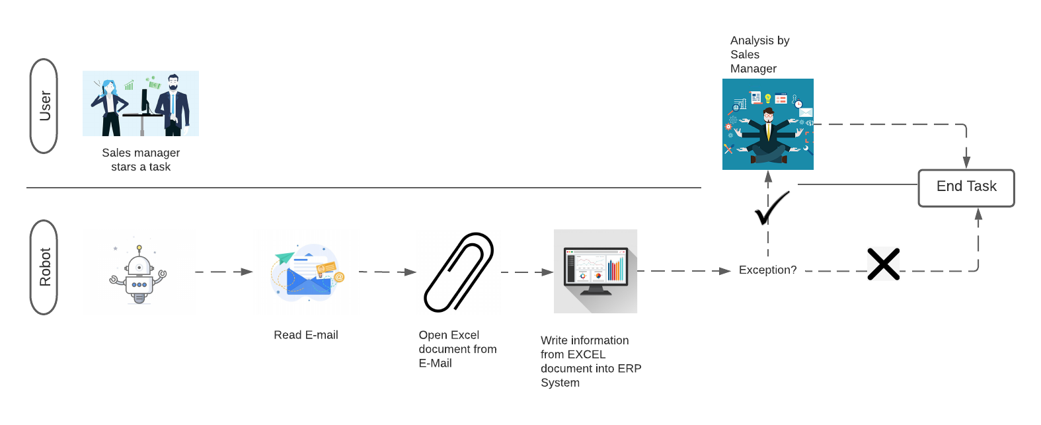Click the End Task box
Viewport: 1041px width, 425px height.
pos(966,188)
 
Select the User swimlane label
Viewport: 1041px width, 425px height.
pos(44,106)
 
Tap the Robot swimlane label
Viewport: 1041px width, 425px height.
pos(44,267)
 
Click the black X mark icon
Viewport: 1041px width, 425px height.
pos(884,264)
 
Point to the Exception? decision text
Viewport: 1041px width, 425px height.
pos(767,270)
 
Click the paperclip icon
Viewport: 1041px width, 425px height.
pos(459,272)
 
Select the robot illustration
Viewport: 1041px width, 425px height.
pos(139,272)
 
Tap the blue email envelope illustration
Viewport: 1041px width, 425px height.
pos(306,272)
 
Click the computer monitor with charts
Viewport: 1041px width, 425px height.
pos(596,271)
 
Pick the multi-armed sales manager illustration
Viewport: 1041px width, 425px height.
pos(768,124)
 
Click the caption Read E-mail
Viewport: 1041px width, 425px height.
pos(306,335)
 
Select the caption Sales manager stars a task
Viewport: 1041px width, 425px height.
pos(141,159)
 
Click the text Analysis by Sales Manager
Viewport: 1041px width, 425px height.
pos(759,54)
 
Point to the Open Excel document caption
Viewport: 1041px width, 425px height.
pos(457,349)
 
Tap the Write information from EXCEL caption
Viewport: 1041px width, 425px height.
pos(590,361)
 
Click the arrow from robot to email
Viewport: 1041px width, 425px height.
pos(224,272)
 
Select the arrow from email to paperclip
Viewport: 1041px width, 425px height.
pos(387,272)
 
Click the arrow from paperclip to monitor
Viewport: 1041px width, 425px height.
pos(527,272)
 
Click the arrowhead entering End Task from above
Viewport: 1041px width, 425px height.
pos(966,162)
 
